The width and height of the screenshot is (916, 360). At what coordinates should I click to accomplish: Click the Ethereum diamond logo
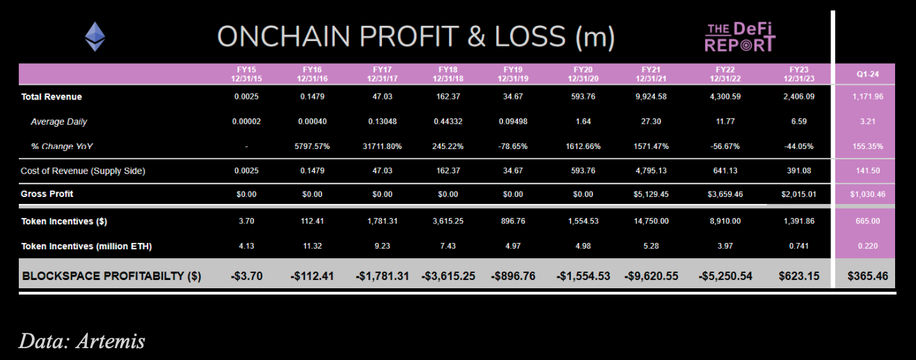pos(95,36)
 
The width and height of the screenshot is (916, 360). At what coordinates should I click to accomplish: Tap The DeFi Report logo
pos(740,37)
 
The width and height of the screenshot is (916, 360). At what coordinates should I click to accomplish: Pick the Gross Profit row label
pos(47,194)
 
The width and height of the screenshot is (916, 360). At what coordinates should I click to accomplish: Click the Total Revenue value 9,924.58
pos(651,97)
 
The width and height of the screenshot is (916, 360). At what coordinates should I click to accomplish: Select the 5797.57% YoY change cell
pos(312,147)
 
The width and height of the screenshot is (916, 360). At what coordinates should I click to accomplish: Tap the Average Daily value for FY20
pos(583,122)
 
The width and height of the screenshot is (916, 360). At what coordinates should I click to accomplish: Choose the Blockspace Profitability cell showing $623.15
pos(798,276)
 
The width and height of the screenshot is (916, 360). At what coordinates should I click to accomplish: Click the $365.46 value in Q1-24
pos(868,276)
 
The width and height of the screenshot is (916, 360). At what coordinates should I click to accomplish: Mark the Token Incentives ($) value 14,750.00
pos(651,221)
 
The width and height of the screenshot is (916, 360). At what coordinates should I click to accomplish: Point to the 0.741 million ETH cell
pos(798,246)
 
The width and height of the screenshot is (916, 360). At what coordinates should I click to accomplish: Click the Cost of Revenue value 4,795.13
pos(651,171)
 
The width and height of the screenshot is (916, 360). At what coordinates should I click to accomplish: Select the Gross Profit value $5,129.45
pos(651,194)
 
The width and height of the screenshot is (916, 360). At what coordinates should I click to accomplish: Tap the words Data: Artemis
pos(81,341)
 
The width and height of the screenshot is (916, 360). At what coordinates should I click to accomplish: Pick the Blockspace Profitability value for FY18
pos(448,276)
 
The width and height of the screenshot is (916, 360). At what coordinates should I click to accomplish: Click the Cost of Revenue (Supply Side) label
pos(83,171)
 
